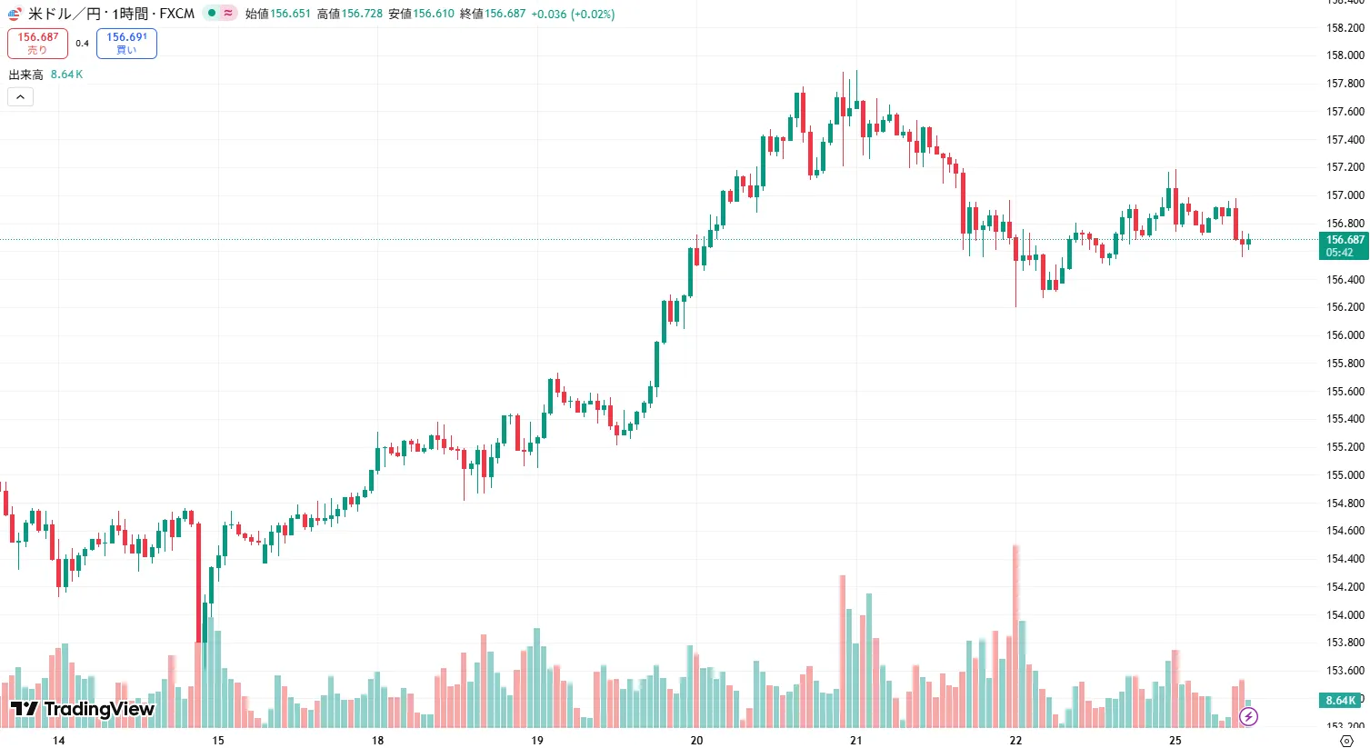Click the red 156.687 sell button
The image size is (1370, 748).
coord(37,43)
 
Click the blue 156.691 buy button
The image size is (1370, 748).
coord(126,43)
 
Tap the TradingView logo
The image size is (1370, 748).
coord(83,709)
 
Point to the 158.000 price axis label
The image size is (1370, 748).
coord(1345,55)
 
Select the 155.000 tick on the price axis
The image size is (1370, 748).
coord(1345,475)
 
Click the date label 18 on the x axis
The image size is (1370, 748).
coord(377,741)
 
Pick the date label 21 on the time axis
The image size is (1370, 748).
coord(855,741)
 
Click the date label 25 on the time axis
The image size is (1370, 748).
coord(1175,741)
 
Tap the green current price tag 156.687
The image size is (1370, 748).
coord(1344,245)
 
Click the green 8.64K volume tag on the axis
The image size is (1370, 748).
coord(1341,701)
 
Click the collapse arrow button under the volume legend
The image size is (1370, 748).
coord(20,96)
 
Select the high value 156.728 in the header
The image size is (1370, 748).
coord(362,14)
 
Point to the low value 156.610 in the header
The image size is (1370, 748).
coord(434,14)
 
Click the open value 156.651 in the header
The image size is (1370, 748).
coord(290,14)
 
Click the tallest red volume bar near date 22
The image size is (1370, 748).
coord(1015,636)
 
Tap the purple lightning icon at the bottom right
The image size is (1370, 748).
coord(1249,717)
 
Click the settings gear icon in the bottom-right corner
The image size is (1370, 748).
coord(1347,741)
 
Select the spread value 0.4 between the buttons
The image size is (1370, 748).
coord(82,44)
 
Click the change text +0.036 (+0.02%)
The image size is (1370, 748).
coord(573,14)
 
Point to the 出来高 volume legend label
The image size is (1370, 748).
coord(25,75)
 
